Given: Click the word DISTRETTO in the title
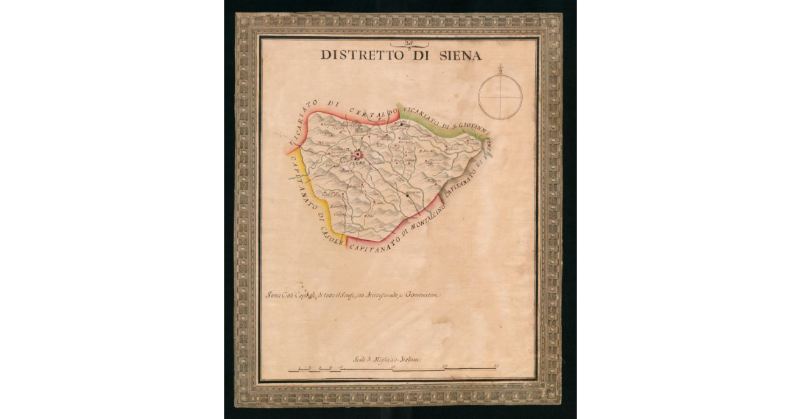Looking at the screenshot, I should click(362, 55).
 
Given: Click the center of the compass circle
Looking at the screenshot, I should click(500, 97).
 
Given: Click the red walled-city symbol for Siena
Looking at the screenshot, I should click(358, 154).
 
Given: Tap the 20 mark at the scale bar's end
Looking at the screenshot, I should click(496, 366).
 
